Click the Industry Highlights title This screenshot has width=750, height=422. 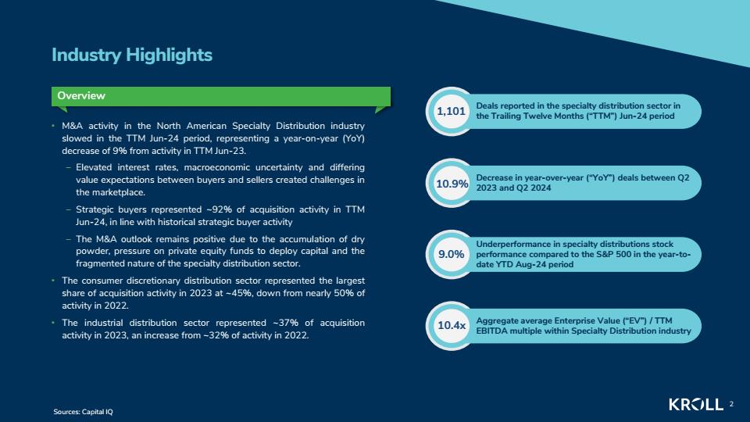pyautogui.click(x=131, y=55)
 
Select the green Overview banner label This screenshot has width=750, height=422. pyautogui.click(x=80, y=95)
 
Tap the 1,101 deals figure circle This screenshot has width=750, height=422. pyautogui.click(x=451, y=112)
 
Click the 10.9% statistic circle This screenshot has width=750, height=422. pyautogui.click(x=451, y=183)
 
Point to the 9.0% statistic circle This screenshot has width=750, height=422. pyautogui.click(x=451, y=255)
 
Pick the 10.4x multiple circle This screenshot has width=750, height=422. pyautogui.click(x=451, y=326)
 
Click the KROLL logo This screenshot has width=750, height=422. pyautogui.click(x=696, y=404)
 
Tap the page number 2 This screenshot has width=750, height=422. pyautogui.click(x=731, y=404)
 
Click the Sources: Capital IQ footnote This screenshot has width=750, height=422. pyautogui.click(x=84, y=412)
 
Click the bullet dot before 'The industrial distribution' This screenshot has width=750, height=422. pyautogui.click(x=54, y=323)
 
